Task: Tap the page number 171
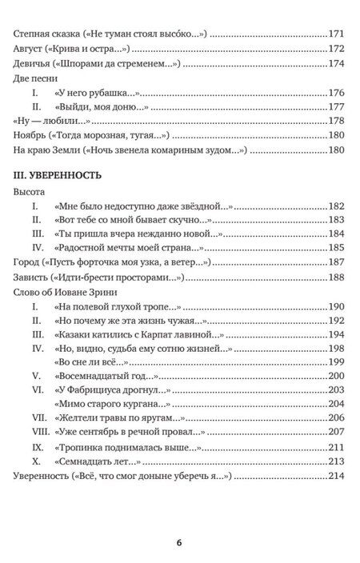pyautogui.click(x=336, y=34)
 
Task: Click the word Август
pyautogui.click(x=30, y=50)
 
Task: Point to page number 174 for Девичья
pyautogui.click(x=336, y=64)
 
